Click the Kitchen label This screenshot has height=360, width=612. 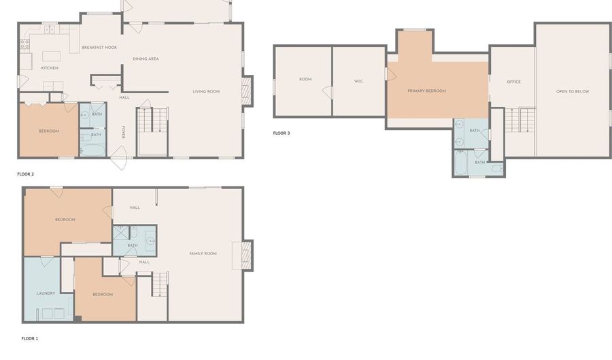pos(50,68)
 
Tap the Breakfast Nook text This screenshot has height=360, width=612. pos(99,48)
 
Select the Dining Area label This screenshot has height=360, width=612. pos(146,59)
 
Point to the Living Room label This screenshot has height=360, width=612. pos(206,91)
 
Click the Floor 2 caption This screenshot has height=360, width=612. pos(26,174)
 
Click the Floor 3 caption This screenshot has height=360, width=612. pos(282,133)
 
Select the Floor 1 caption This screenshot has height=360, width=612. pos(30,338)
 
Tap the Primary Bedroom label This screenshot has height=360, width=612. pos(426,91)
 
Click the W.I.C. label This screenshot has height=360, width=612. pos(358,81)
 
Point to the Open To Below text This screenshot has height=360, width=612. pos(573,91)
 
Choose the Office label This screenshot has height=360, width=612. pos(513,82)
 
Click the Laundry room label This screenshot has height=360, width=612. pos(46,293)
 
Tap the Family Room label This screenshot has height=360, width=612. pos(203,253)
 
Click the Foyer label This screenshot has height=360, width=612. pos(123,132)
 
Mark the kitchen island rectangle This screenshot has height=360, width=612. pos(52,56)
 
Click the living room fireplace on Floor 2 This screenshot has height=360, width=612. pos(247,91)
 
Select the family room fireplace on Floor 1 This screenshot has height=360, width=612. pos(247,255)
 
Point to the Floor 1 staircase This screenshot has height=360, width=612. pos(160,284)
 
